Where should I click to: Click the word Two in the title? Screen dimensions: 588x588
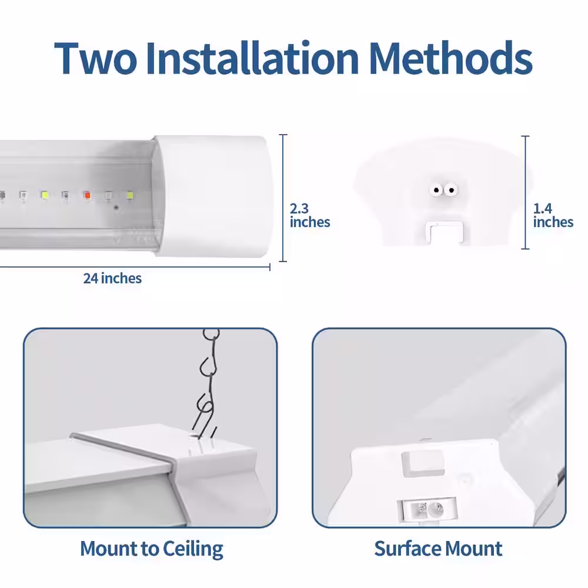pyautogui.click(x=96, y=58)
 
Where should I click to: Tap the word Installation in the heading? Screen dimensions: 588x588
pyautogui.click(x=253, y=58)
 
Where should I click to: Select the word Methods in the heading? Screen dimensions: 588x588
pyautogui.click(x=451, y=58)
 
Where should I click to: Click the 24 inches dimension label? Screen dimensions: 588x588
pyautogui.click(x=112, y=278)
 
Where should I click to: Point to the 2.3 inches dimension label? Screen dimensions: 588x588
pyautogui.click(x=310, y=215)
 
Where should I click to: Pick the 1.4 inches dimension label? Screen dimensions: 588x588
pyautogui.click(x=553, y=215)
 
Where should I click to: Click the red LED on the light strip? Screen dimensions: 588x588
pyautogui.click(x=88, y=195)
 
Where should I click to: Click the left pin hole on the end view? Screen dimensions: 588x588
pyautogui.click(x=436, y=190)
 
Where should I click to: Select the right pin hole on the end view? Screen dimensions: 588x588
pyautogui.click(x=451, y=190)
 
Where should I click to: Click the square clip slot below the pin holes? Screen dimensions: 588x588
pyautogui.click(x=445, y=232)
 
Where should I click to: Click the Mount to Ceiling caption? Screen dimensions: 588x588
pyautogui.click(x=152, y=549)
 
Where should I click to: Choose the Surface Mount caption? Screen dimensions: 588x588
pyautogui.click(x=438, y=549)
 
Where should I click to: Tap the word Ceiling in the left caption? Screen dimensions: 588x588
pyautogui.click(x=193, y=549)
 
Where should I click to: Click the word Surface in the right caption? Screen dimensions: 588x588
pyautogui.click(x=407, y=549)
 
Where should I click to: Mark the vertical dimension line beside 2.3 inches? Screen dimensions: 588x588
pyautogui.click(x=283, y=198)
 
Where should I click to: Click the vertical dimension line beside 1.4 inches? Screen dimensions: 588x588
pyautogui.click(x=525, y=192)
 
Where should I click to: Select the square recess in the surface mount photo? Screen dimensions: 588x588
pyautogui.click(x=423, y=463)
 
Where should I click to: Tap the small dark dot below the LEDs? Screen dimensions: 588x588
pyautogui.click(x=116, y=208)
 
